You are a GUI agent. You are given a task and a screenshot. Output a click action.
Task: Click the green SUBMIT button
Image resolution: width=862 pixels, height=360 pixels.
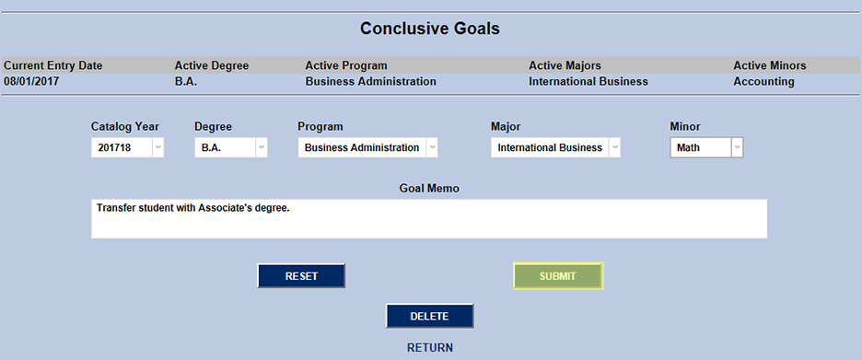click(557, 276)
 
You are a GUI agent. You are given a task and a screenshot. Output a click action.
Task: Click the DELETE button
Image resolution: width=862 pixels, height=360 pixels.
click(429, 316)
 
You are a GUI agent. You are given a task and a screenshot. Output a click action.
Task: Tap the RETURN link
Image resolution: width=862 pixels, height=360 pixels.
click(430, 348)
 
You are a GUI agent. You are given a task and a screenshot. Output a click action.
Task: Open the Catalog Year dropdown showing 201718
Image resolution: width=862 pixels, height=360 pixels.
click(127, 147)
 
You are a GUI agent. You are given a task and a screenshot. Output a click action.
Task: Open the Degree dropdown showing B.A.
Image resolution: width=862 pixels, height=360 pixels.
click(230, 147)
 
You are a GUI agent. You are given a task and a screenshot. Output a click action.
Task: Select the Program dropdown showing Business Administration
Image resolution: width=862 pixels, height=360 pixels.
click(367, 147)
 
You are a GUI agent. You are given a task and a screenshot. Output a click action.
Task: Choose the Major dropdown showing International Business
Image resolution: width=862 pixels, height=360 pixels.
click(555, 147)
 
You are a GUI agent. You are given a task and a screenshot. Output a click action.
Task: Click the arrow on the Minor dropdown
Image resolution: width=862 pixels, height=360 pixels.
click(736, 147)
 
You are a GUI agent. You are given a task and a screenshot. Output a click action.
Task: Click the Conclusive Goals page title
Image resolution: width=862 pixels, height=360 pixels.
click(430, 29)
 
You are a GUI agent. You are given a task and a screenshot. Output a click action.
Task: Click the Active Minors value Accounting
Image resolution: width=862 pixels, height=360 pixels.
click(763, 81)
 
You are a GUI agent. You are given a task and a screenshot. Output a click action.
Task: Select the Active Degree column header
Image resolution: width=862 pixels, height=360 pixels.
click(212, 65)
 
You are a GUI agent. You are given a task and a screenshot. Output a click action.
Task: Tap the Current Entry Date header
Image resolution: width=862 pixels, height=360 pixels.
click(53, 65)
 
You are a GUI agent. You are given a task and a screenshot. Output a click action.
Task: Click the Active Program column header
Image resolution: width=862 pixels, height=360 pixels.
click(346, 65)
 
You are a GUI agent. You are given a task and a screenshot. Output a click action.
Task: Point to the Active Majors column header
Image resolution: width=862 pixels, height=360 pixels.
click(565, 65)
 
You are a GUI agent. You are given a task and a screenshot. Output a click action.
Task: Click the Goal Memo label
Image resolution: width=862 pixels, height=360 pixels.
click(429, 188)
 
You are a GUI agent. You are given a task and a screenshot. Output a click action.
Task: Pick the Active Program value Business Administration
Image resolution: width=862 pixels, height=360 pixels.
click(370, 81)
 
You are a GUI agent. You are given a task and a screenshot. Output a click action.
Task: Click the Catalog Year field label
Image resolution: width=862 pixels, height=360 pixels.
click(125, 126)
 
